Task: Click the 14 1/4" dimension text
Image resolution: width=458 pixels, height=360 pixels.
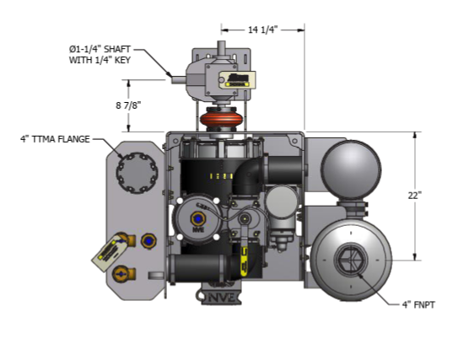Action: (x=262, y=30)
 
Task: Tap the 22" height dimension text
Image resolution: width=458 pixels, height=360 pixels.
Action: (x=415, y=196)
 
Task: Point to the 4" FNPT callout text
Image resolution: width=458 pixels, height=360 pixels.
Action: (x=418, y=305)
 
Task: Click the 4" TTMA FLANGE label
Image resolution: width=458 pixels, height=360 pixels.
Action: (x=55, y=139)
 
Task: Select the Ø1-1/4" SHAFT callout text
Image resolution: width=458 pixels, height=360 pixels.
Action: (x=100, y=49)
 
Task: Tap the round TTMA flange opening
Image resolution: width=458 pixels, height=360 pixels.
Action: (x=137, y=173)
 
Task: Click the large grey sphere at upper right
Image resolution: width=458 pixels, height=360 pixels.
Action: (x=351, y=169)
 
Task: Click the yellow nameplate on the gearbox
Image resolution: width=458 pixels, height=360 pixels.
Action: (x=237, y=79)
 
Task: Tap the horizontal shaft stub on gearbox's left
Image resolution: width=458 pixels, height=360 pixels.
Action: (x=178, y=80)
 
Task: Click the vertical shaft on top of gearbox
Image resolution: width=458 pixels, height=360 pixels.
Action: (x=221, y=47)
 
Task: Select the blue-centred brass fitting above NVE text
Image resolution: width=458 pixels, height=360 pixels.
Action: (x=197, y=218)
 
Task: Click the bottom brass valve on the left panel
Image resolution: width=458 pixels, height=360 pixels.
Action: (x=124, y=274)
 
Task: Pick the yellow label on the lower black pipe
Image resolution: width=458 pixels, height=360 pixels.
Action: (x=244, y=261)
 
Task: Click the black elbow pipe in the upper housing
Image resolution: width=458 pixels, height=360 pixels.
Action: (x=248, y=177)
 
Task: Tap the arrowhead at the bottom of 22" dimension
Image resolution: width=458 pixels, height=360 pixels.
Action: (x=415, y=256)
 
